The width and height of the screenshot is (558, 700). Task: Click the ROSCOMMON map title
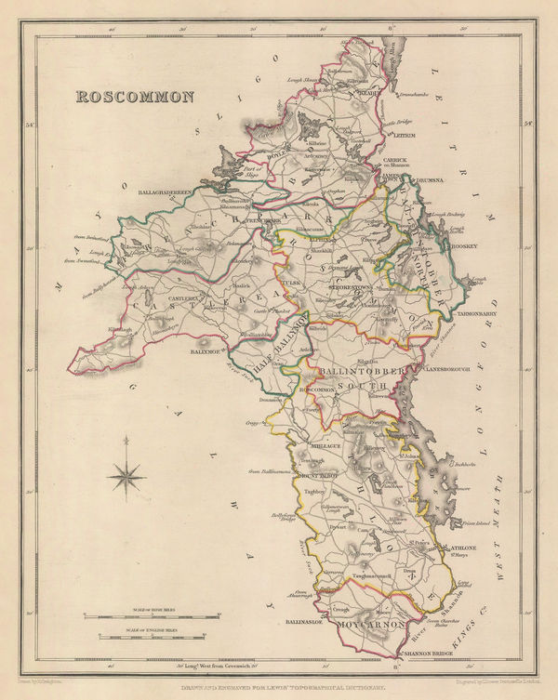135,97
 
